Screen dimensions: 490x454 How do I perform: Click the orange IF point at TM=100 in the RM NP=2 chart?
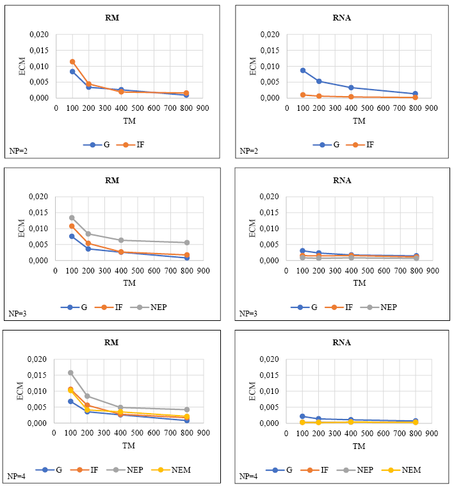point(72,61)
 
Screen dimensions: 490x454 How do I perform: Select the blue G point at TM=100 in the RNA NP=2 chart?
point(303,70)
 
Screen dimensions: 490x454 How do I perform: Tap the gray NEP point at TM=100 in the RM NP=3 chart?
point(72,218)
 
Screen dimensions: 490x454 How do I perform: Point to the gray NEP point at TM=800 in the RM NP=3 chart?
point(186,243)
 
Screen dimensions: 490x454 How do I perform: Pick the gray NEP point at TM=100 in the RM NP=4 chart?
point(71,373)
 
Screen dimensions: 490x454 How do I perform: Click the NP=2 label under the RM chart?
point(17,151)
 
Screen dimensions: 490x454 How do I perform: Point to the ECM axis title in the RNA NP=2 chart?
point(252,66)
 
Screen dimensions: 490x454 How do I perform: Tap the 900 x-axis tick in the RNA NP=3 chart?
point(432,270)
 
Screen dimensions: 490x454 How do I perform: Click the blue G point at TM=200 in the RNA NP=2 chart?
point(319,81)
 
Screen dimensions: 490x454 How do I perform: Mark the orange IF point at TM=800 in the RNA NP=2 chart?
point(415,97)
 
